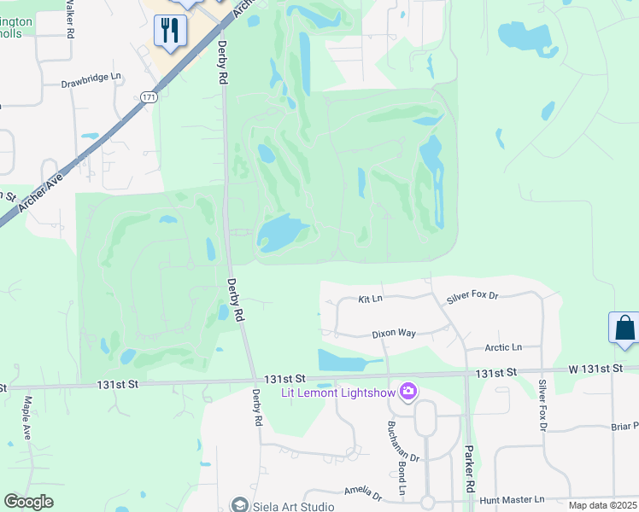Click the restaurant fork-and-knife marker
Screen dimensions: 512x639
click(169, 32)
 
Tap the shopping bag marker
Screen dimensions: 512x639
click(624, 328)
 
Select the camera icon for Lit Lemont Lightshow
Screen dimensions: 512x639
click(408, 392)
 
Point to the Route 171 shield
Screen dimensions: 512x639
click(149, 98)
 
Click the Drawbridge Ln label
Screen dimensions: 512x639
click(91, 84)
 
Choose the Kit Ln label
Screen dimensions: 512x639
click(370, 300)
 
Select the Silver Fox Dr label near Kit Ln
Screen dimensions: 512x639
click(472, 299)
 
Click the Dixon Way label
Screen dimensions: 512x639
click(393, 334)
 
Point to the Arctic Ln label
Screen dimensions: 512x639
click(503, 347)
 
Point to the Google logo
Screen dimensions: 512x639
click(29, 502)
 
